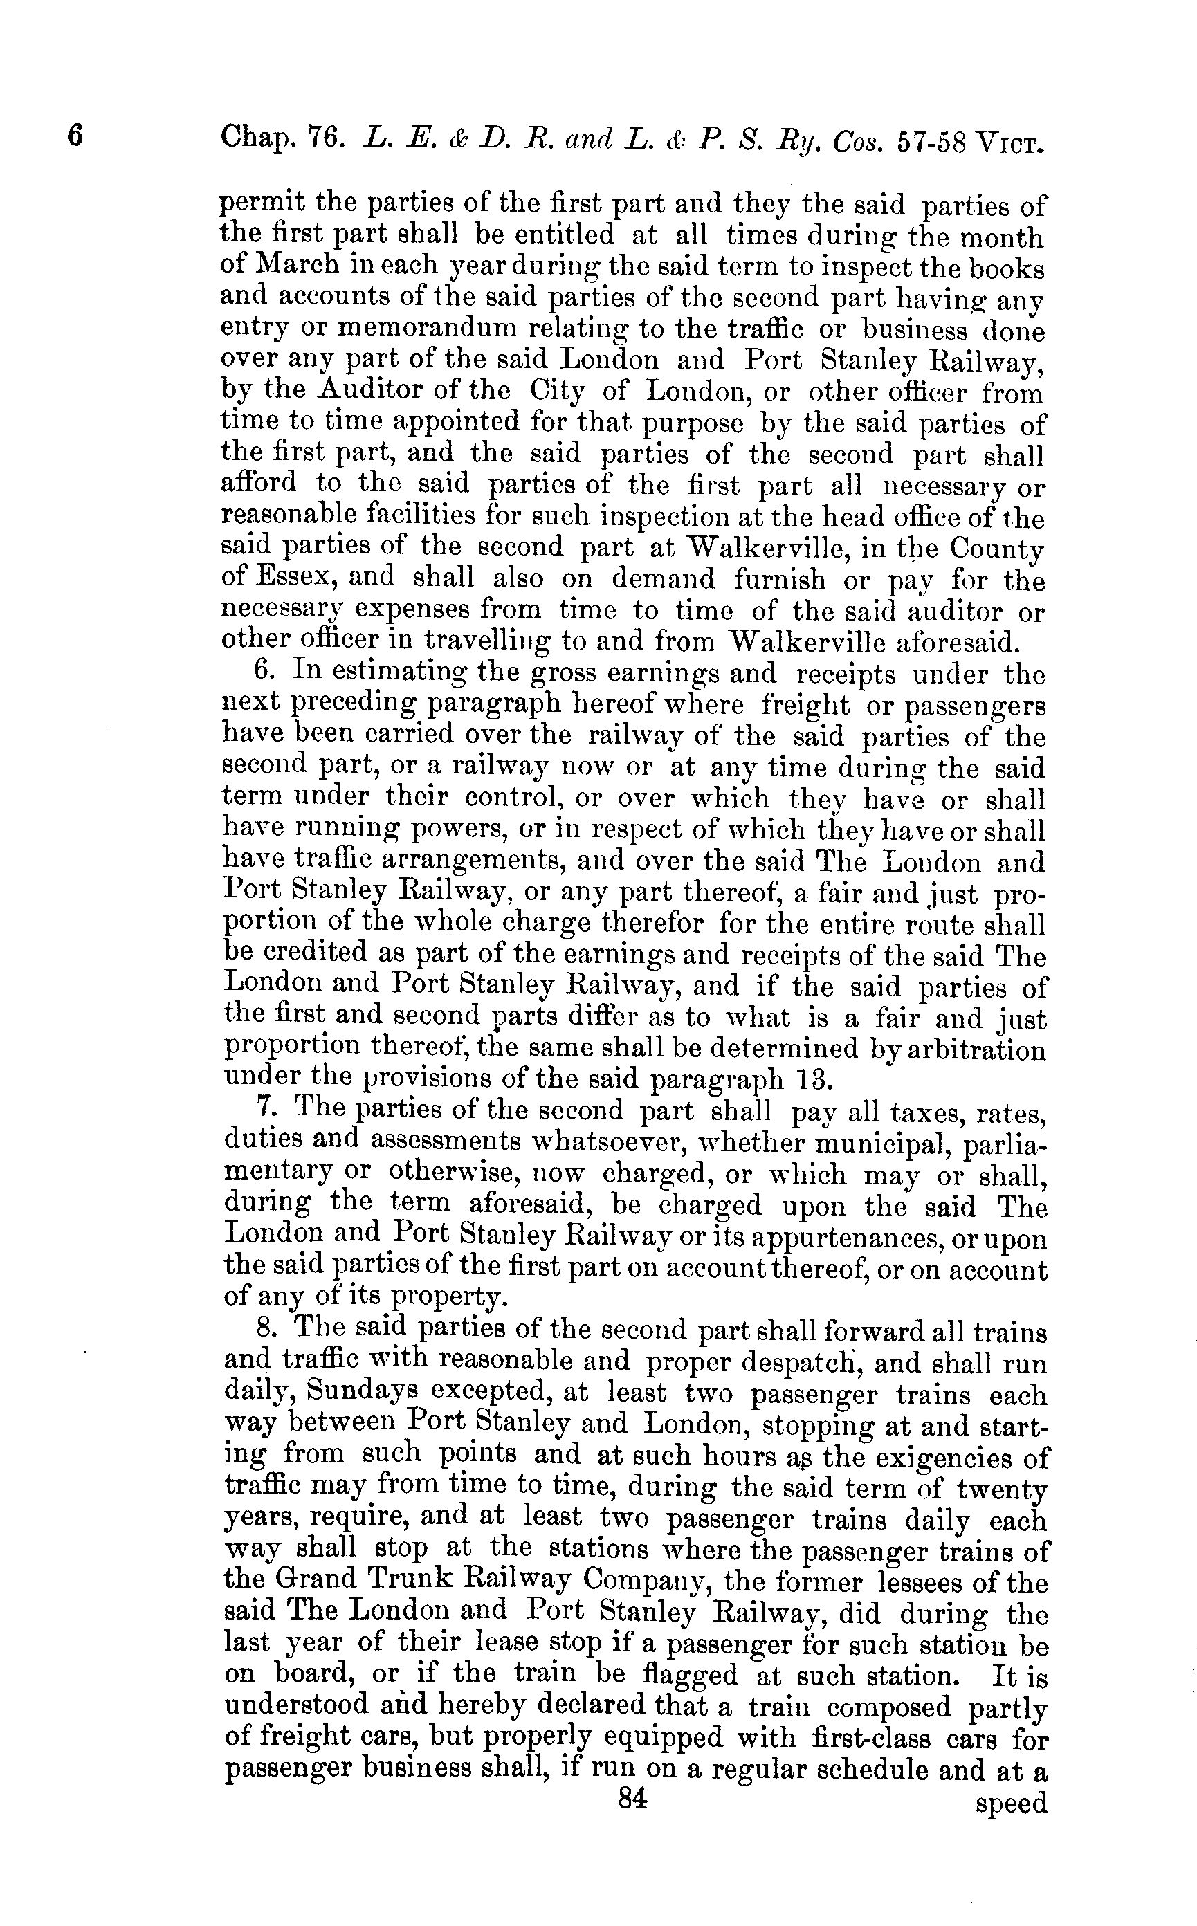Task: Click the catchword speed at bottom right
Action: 1012,1801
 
